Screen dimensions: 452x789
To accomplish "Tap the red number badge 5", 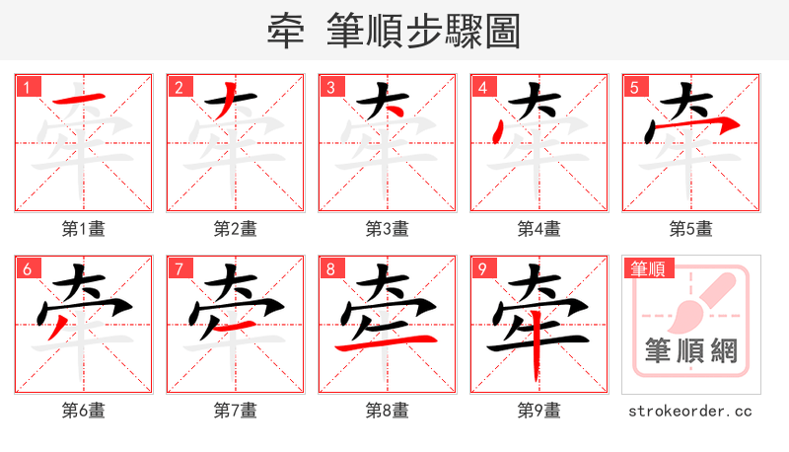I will [x=635, y=87].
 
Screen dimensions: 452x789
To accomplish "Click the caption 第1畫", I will [x=84, y=229].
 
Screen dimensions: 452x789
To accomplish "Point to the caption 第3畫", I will [x=388, y=229].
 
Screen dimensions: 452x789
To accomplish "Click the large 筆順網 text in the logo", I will [x=690, y=351].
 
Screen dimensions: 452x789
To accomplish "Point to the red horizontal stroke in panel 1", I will [x=79, y=99].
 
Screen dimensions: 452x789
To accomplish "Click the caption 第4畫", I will [x=539, y=229].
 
